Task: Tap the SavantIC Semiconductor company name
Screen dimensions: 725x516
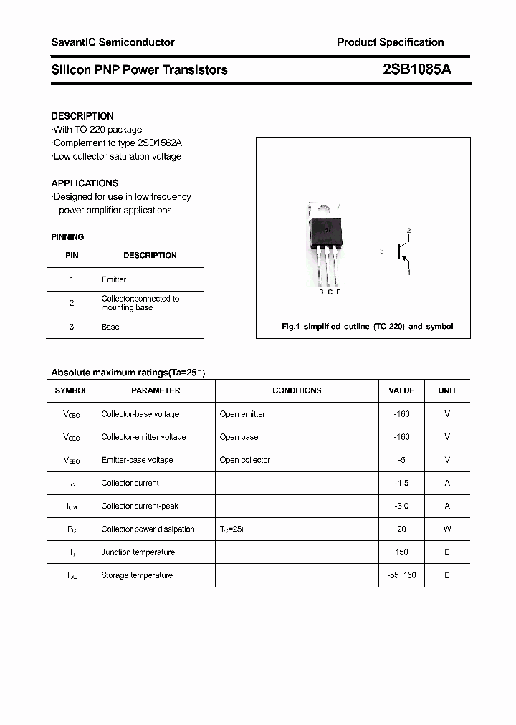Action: click(x=113, y=42)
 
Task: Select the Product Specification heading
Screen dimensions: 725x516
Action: click(x=390, y=42)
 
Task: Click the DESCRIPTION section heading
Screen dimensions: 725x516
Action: click(x=82, y=116)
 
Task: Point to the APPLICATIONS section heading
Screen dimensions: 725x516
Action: click(x=85, y=183)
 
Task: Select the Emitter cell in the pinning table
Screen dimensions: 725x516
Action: click(x=114, y=279)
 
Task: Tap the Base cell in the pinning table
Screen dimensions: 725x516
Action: click(x=110, y=327)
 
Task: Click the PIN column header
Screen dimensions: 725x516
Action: click(x=72, y=255)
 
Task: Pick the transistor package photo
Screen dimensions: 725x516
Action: click(x=325, y=244)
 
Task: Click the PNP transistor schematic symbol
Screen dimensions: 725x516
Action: click(x=401, y=251)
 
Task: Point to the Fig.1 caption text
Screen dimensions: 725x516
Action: click(x=367, y=327)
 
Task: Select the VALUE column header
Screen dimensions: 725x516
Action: click(x=401, y=390)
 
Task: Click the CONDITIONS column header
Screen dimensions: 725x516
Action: click(x=297, y=390)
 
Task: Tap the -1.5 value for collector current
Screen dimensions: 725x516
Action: click(x=401, y=483)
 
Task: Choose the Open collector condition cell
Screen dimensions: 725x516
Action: click(x=245, y=460)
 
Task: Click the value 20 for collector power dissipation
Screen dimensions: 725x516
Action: click(x=401, y=529)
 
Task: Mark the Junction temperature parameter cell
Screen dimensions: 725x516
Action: click(x=138, y=552)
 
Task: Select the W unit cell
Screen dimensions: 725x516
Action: click(x=446, y=529)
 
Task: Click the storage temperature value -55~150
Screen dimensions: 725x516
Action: click(x=401, y=575)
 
